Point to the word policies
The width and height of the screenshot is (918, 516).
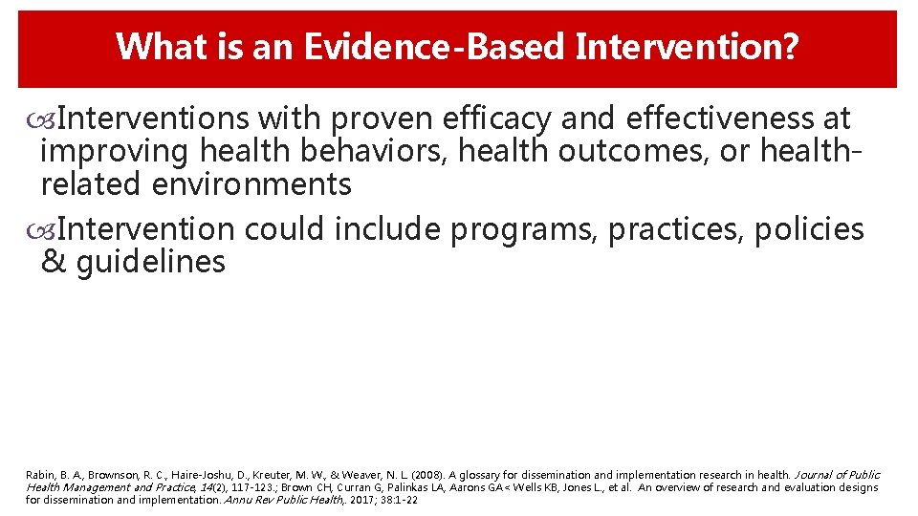click(809, 230)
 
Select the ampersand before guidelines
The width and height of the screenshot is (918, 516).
click(54, 262)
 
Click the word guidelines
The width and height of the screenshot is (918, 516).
click(150, 262)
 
